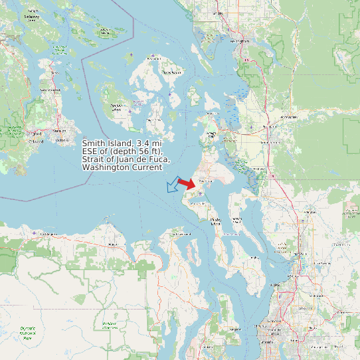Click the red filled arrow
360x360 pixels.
[187, 184]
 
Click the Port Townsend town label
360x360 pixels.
[179, 234]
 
